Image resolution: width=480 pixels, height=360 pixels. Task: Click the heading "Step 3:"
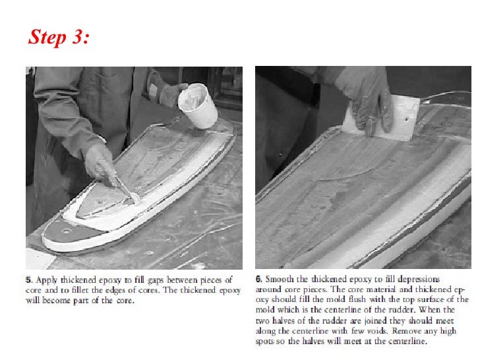59,38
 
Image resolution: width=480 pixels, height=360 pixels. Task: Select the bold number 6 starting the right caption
258,280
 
